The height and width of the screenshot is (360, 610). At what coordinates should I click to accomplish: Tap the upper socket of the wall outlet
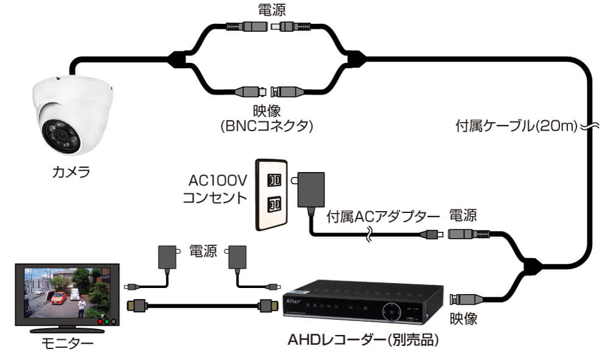tap(274, 181)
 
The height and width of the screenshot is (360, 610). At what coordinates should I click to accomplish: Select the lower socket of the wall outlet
tap(274, 203)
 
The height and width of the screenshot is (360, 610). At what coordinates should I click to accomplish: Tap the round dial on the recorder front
tap(390, 311)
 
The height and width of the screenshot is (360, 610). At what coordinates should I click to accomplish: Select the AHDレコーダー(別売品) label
tap(364, 339)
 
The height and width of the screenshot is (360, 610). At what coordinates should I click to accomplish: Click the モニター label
tap(67, 344)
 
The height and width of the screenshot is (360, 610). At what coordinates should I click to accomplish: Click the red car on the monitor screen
tap(59, 299)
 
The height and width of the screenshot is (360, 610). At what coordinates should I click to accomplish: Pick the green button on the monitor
tap(106, 321)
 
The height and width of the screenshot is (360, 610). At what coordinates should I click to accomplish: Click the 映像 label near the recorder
tap(464, 318)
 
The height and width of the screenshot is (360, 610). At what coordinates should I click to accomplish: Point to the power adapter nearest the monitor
tap(165, 256)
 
